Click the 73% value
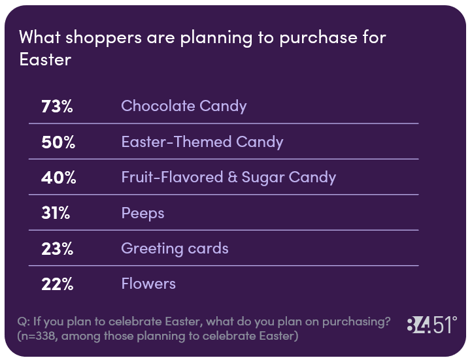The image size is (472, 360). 57,106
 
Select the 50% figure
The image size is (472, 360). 58,142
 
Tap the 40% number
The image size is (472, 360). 58,178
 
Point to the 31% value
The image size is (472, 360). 56,213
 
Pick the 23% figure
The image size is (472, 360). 57,249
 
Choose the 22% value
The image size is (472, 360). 57,284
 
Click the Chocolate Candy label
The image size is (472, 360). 184,106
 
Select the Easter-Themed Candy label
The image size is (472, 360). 202,142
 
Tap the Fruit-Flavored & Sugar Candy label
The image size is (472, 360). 229,178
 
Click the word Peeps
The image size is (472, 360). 143,214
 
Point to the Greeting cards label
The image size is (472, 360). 175,249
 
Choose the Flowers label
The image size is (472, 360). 148,284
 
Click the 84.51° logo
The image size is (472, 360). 432,325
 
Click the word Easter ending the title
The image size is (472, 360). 45,59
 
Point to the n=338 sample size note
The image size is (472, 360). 38,336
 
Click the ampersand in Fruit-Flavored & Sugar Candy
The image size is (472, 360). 232,177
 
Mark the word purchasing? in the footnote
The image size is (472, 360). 356,322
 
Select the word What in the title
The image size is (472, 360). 40,37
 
